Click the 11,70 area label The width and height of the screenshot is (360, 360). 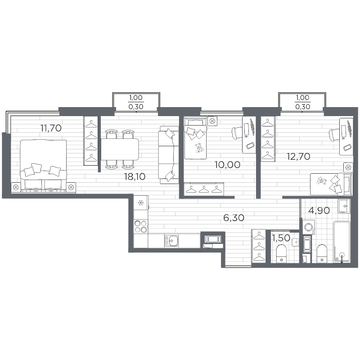[51, 128]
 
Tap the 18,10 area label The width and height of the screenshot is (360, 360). [135, 176]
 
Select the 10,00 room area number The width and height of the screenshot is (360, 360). [227, 165]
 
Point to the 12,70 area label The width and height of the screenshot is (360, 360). [298, 156]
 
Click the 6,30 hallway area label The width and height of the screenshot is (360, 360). [234, 217]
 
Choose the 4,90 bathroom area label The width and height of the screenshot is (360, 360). [319, 210]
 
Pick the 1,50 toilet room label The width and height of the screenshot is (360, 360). [281, 238]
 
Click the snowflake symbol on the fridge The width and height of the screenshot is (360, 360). [140, 203]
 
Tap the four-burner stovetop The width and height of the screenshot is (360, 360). [141, 226]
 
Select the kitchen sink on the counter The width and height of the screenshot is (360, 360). [172, 241]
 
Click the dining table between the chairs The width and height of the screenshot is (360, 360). [120, 149]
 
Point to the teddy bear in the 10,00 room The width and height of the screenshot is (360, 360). [199, 148]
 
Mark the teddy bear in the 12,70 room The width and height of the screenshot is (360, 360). [321, 180]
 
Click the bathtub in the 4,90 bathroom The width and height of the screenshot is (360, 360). [342, 242]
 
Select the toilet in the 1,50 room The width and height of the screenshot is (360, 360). [282, 253]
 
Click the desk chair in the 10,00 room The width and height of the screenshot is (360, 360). [238, 133]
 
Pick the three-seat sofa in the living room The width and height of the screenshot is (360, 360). [168, 155]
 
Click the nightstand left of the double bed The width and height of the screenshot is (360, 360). [16, 187]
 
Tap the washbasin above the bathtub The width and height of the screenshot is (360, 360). [344, 206]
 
